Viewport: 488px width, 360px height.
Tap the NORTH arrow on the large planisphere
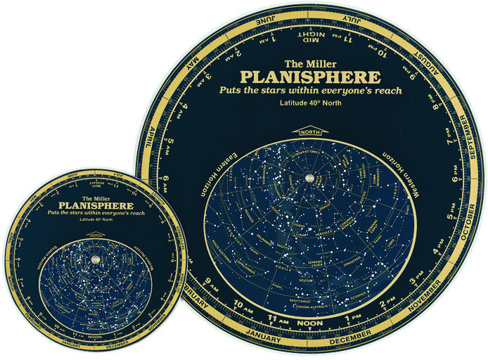pyautogui.click(x=309, y=133)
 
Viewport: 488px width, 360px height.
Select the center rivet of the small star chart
pyautogui.click(x=95, y=261)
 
